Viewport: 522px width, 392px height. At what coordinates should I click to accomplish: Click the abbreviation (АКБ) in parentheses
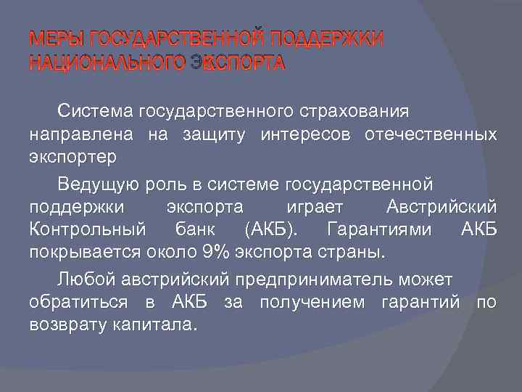[x=270, y=230]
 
